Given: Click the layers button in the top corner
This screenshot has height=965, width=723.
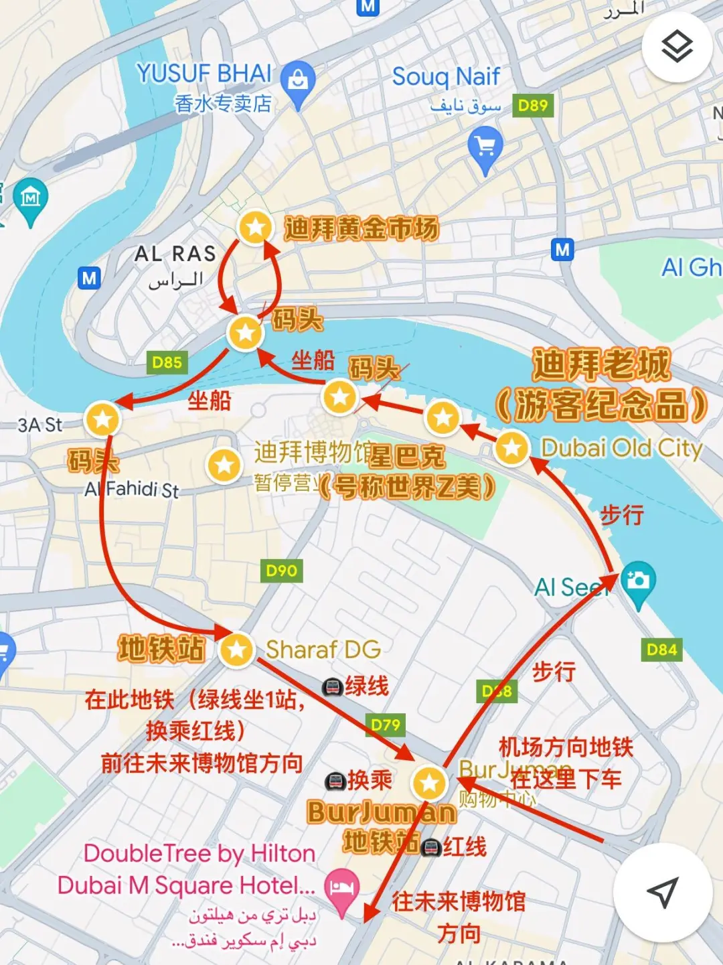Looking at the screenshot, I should (676, 47).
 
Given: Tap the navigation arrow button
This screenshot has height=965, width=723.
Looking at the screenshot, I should (663, 892).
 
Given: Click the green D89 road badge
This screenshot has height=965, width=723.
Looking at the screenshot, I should (533, 105).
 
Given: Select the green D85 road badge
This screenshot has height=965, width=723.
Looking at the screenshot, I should (167, 362).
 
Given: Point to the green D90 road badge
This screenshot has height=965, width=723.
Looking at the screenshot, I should (281, 571).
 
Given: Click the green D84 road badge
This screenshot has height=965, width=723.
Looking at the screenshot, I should (661, 649).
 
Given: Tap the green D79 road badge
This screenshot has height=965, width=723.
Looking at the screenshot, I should (386, 725).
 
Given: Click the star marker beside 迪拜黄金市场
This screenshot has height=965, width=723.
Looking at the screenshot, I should (255, 228).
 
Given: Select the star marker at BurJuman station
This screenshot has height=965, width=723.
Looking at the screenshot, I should (429, 783).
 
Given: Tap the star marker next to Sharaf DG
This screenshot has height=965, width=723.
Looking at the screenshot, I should (236, 649).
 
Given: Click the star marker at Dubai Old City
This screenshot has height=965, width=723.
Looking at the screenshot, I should (512, 448).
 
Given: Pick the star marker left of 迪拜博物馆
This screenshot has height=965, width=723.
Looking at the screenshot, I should (224, 465).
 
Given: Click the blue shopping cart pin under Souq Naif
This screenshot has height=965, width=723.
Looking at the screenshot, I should (485, 149).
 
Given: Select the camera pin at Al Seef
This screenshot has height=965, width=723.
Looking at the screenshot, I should (638, 581).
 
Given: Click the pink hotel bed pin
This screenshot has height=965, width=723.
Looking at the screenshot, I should (342, 888).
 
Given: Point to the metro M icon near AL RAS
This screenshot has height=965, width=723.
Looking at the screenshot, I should (89, 277).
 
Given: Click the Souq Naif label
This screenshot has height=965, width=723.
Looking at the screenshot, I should (446, 77).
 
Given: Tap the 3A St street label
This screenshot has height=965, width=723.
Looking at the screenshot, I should (40, 425).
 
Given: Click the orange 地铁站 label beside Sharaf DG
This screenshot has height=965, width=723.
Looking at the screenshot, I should (161, 649).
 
